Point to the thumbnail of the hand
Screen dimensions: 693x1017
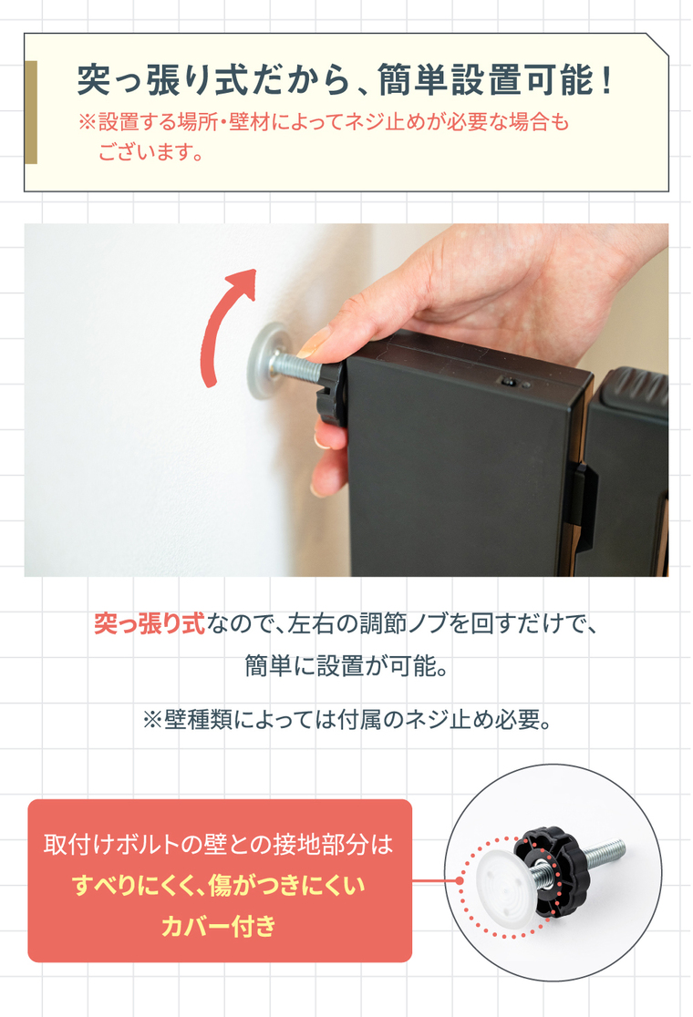(x=314, y=342)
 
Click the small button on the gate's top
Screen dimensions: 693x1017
(x=507, y=381)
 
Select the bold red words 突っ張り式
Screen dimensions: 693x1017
(x=150, y=623)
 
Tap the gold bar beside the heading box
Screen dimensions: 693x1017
(x=30, y=112)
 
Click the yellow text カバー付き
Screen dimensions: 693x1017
(x=220, y=926)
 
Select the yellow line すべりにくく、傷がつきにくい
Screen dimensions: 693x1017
(x=220, y=885)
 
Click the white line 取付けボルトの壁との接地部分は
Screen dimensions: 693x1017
(x=219, y=845)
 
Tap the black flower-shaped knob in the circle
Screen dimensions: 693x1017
(x=553, y=860)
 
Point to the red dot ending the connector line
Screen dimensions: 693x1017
(x=460, y=880)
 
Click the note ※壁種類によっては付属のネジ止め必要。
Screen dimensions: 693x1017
(x=347, y=719)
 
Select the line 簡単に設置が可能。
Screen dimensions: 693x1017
(x=346, y=666)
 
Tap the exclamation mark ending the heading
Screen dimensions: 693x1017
(x=606, y=80)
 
